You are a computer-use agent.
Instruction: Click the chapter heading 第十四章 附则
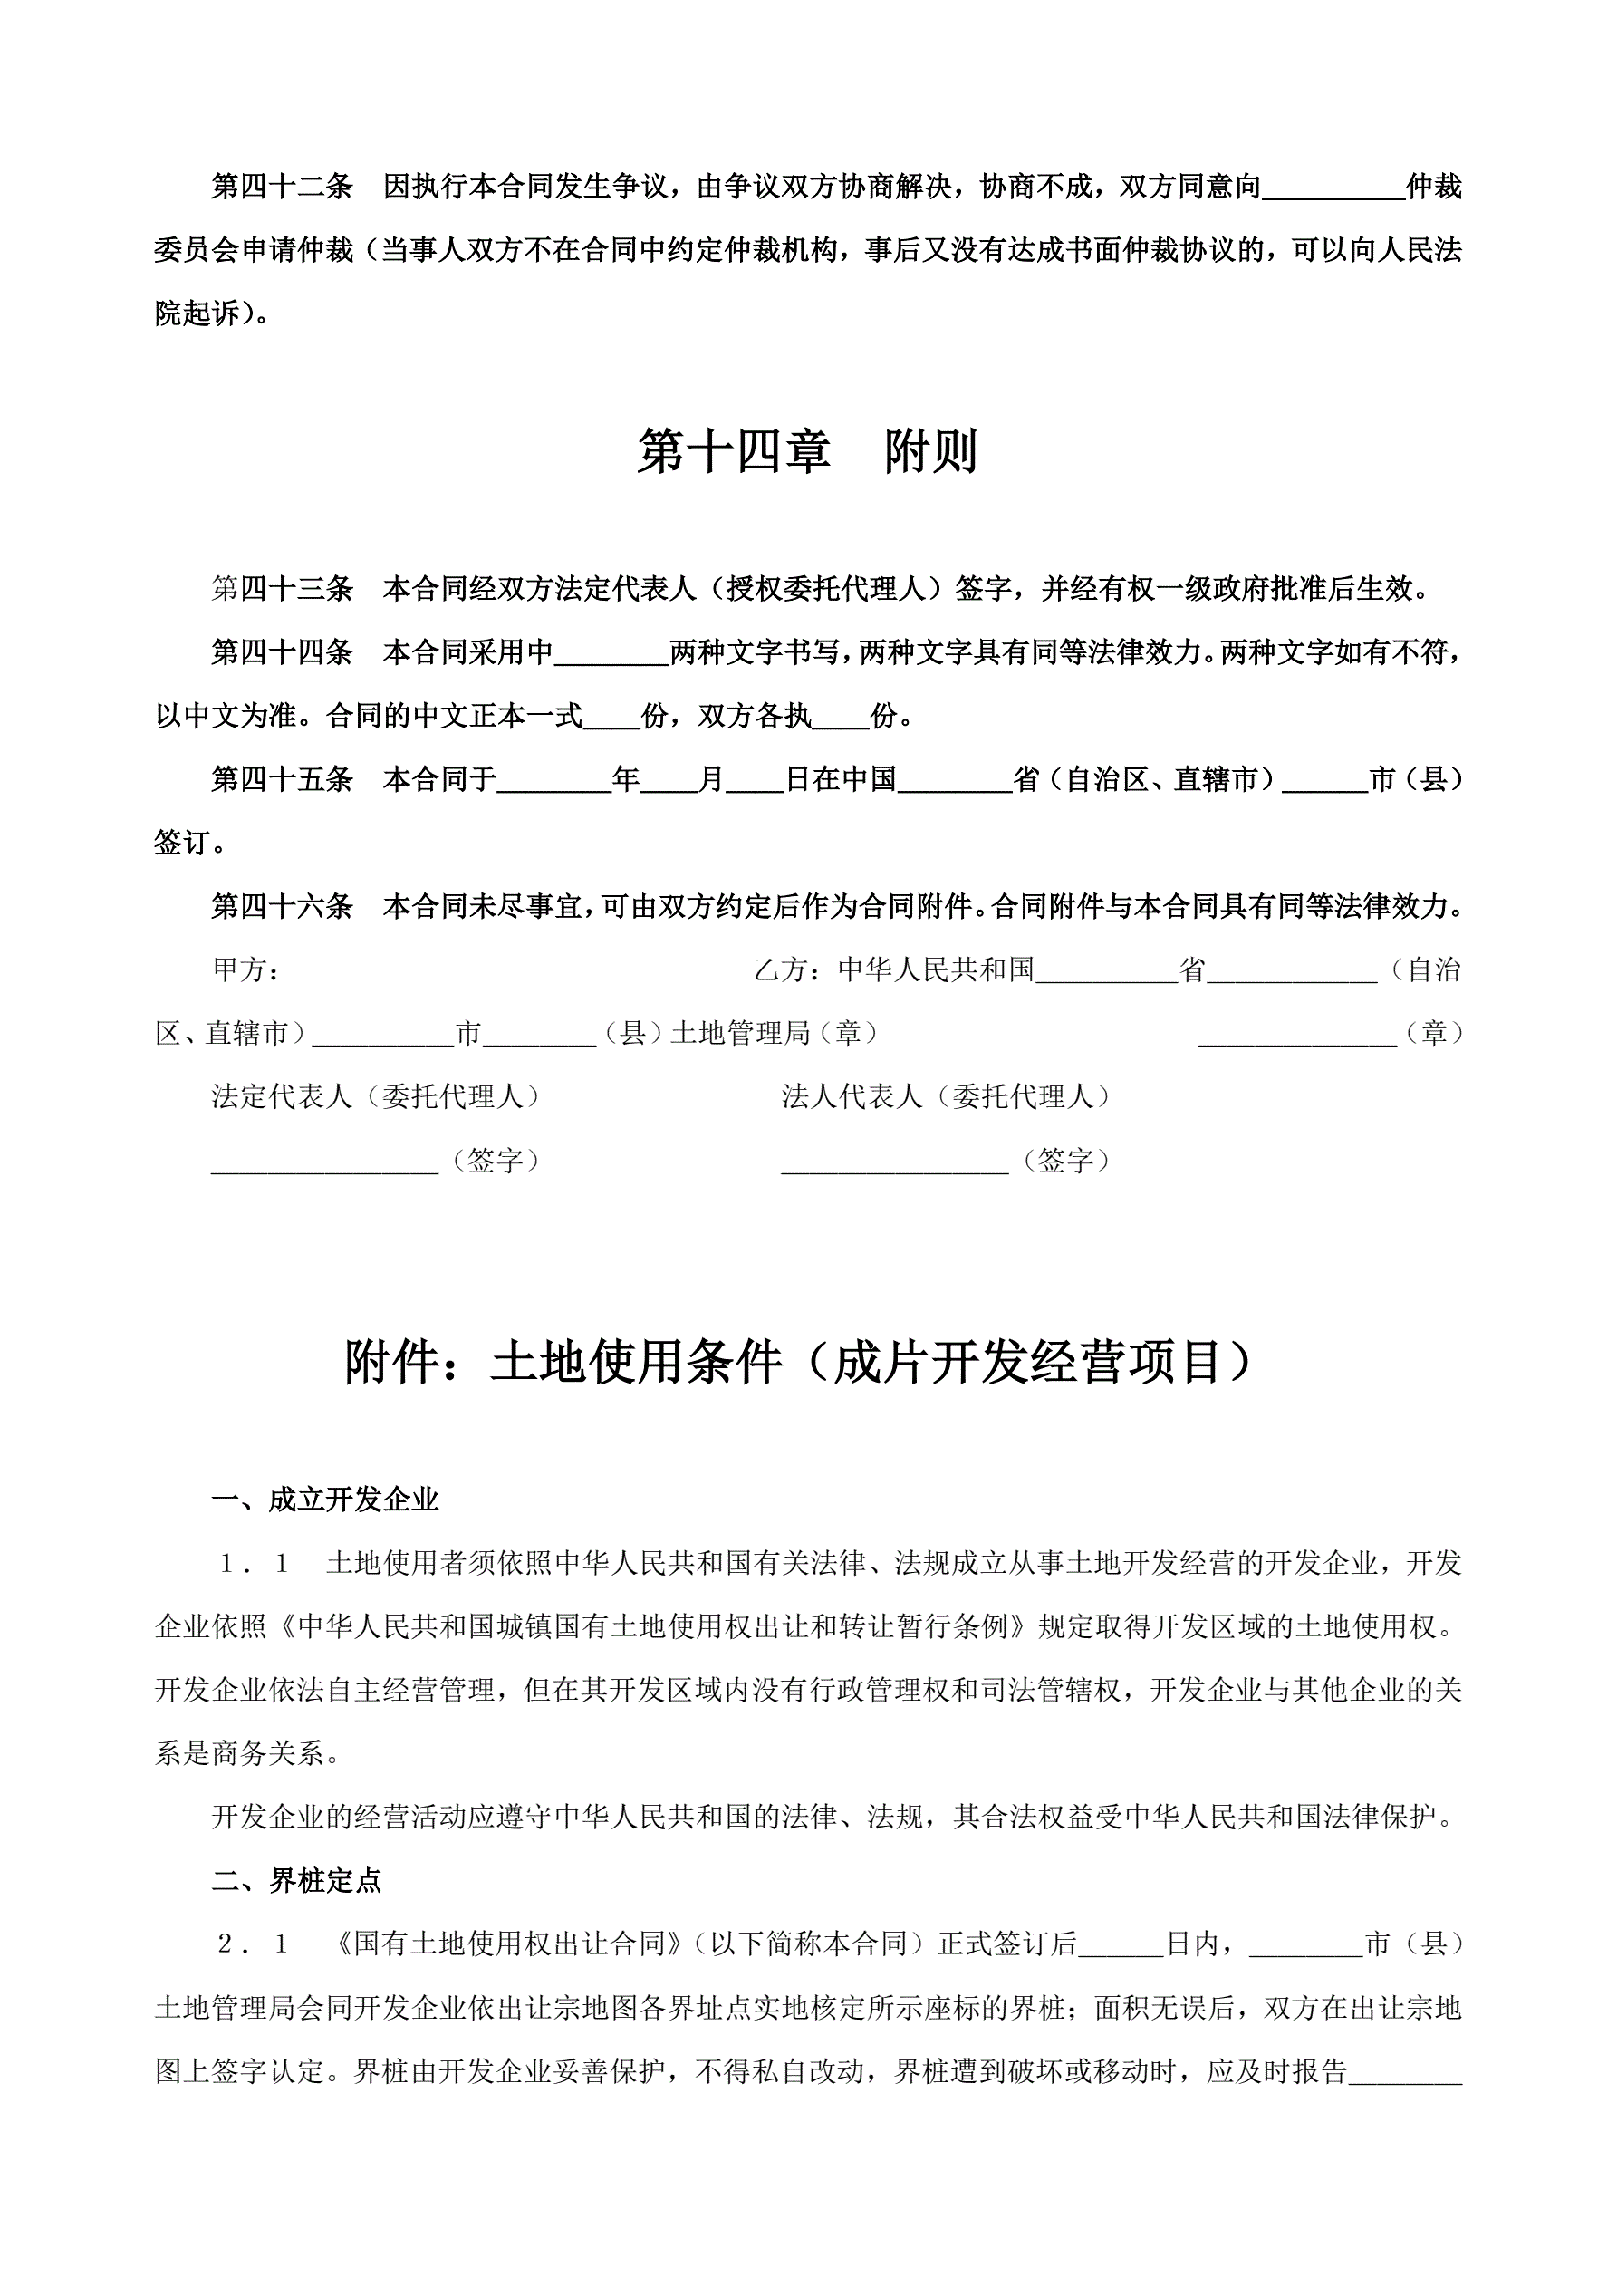(807, 451)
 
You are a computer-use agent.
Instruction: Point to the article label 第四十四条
(283, 652)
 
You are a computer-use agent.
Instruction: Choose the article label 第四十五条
(283, 778)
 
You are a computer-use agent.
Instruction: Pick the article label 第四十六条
(283, 906)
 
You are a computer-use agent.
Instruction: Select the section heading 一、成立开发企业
(325, 1500)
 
